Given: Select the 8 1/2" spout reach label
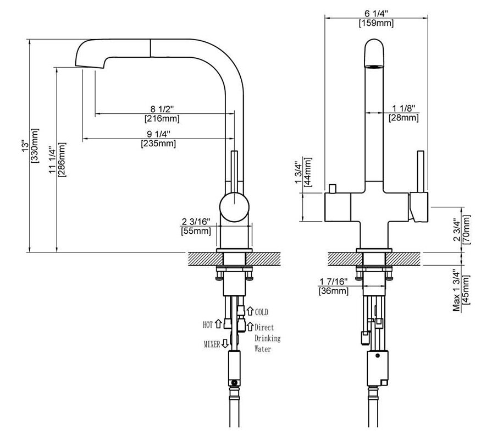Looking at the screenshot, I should point(162,108).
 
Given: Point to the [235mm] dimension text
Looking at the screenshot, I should point(159,144).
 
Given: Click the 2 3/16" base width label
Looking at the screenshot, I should point(195,222).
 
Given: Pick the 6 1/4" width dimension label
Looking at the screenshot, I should point(375,14).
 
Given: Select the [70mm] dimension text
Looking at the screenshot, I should point(467,229).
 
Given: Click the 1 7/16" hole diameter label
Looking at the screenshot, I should point(333,282).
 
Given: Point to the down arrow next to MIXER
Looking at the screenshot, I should point(224,344).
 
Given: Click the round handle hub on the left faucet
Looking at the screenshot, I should point(235,208).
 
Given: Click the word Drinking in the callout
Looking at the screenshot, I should point(267,338).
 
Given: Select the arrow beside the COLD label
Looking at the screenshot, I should point(250,311).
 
